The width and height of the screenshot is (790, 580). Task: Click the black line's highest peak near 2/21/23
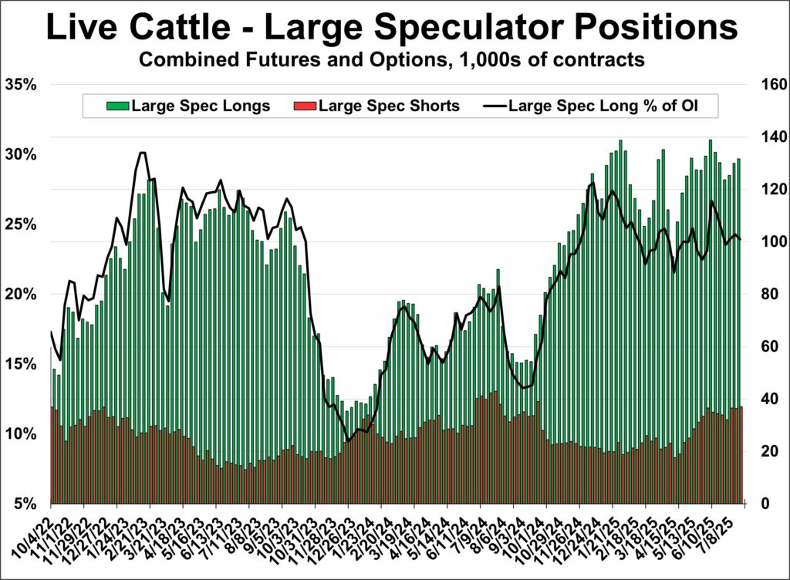pos(142,153)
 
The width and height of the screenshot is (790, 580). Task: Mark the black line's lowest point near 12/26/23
pos(348,441)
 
